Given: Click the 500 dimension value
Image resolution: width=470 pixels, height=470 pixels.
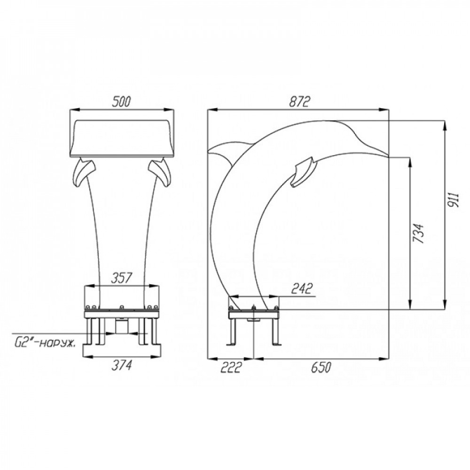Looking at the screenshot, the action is tap(121, 102).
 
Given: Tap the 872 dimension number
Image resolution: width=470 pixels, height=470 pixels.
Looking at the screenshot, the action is tap(299, 102).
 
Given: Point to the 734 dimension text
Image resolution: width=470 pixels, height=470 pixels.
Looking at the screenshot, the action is tap(418, 233).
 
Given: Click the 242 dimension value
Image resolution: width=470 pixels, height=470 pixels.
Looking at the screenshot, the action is tap(302, 289).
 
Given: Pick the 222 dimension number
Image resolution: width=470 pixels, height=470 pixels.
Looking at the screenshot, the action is tap(231, 367).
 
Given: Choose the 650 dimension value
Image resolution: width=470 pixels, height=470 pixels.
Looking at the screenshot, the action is tap(321, 367).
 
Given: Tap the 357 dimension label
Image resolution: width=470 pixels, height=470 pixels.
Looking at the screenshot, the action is tap(121, 278).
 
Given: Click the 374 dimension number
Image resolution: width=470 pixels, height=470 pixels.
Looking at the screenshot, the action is tap(121, 365).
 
